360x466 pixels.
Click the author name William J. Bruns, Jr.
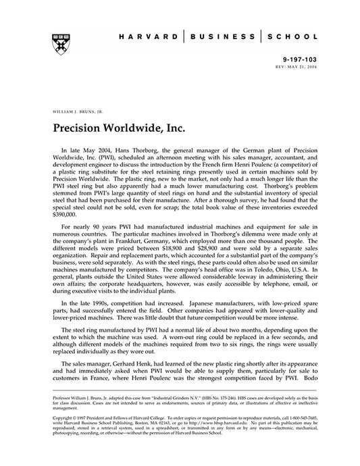click(72, 109)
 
